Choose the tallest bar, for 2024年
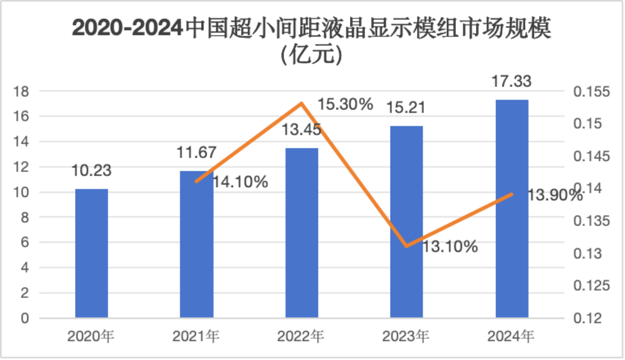click(511, 208)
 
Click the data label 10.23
click(91, 170)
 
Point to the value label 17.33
click(511, 81)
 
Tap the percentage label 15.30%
click(345, 104)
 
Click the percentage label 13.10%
click(449, 246)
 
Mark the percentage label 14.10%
click(240, 182)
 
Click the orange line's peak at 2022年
click(301, 103)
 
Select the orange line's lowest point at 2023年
click(406, 246)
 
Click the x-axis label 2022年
click(301, 335)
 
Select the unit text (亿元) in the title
click(312, 55)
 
